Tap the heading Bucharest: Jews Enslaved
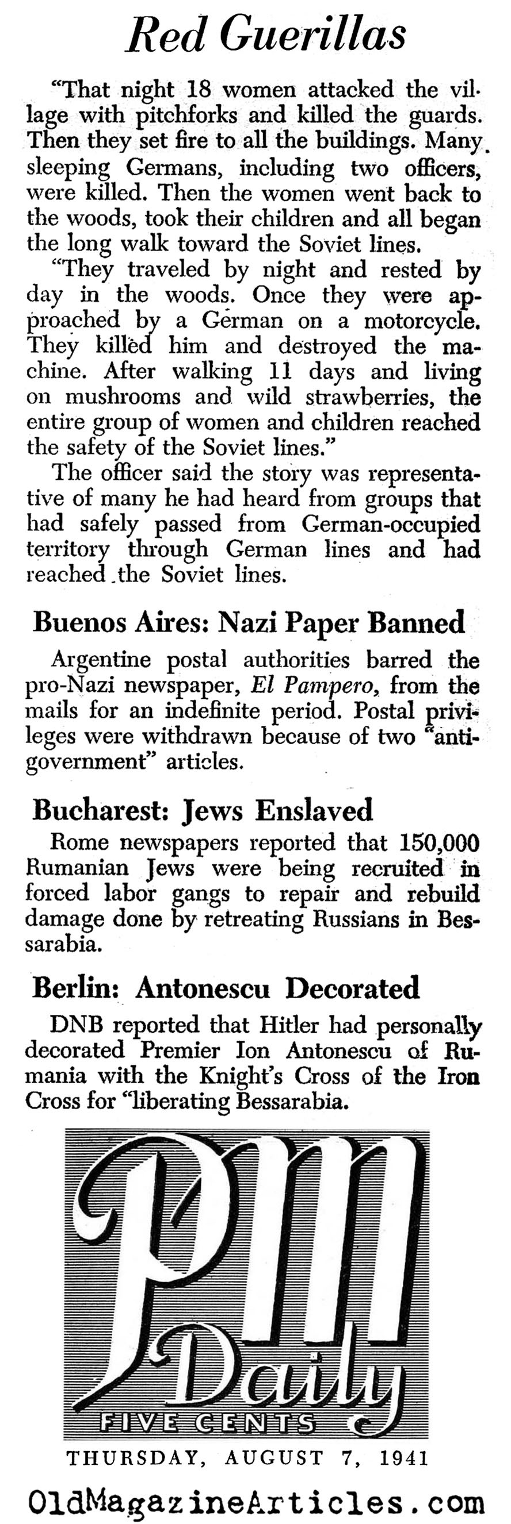coord(203,810)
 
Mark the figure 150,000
coord(438,842)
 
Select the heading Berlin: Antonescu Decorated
coord(226,987)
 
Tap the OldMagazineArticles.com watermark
coord(256,1501)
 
